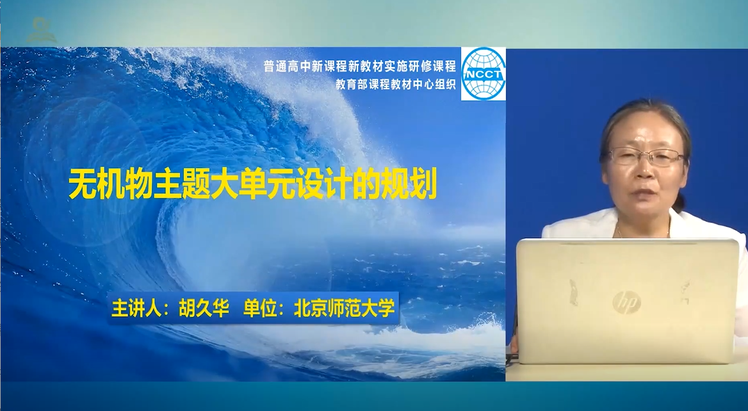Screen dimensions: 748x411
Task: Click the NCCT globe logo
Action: (x=484, y=74)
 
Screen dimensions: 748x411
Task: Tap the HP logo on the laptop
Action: (x=626, y=302)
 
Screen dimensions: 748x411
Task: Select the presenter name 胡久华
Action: (x=204, y=309)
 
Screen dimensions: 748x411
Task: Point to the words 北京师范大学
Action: (x=345, y=309)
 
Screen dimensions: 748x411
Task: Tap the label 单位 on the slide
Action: (x=260, y=309)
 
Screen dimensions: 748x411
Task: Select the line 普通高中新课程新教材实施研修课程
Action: (x=360, y=67)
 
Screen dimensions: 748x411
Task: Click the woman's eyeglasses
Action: (x=646, y=156)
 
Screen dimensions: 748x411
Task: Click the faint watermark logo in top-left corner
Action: (x=42, y=30)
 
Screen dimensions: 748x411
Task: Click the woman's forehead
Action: (x=644, y=134)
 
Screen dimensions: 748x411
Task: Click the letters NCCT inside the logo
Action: (x=484, y=75)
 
